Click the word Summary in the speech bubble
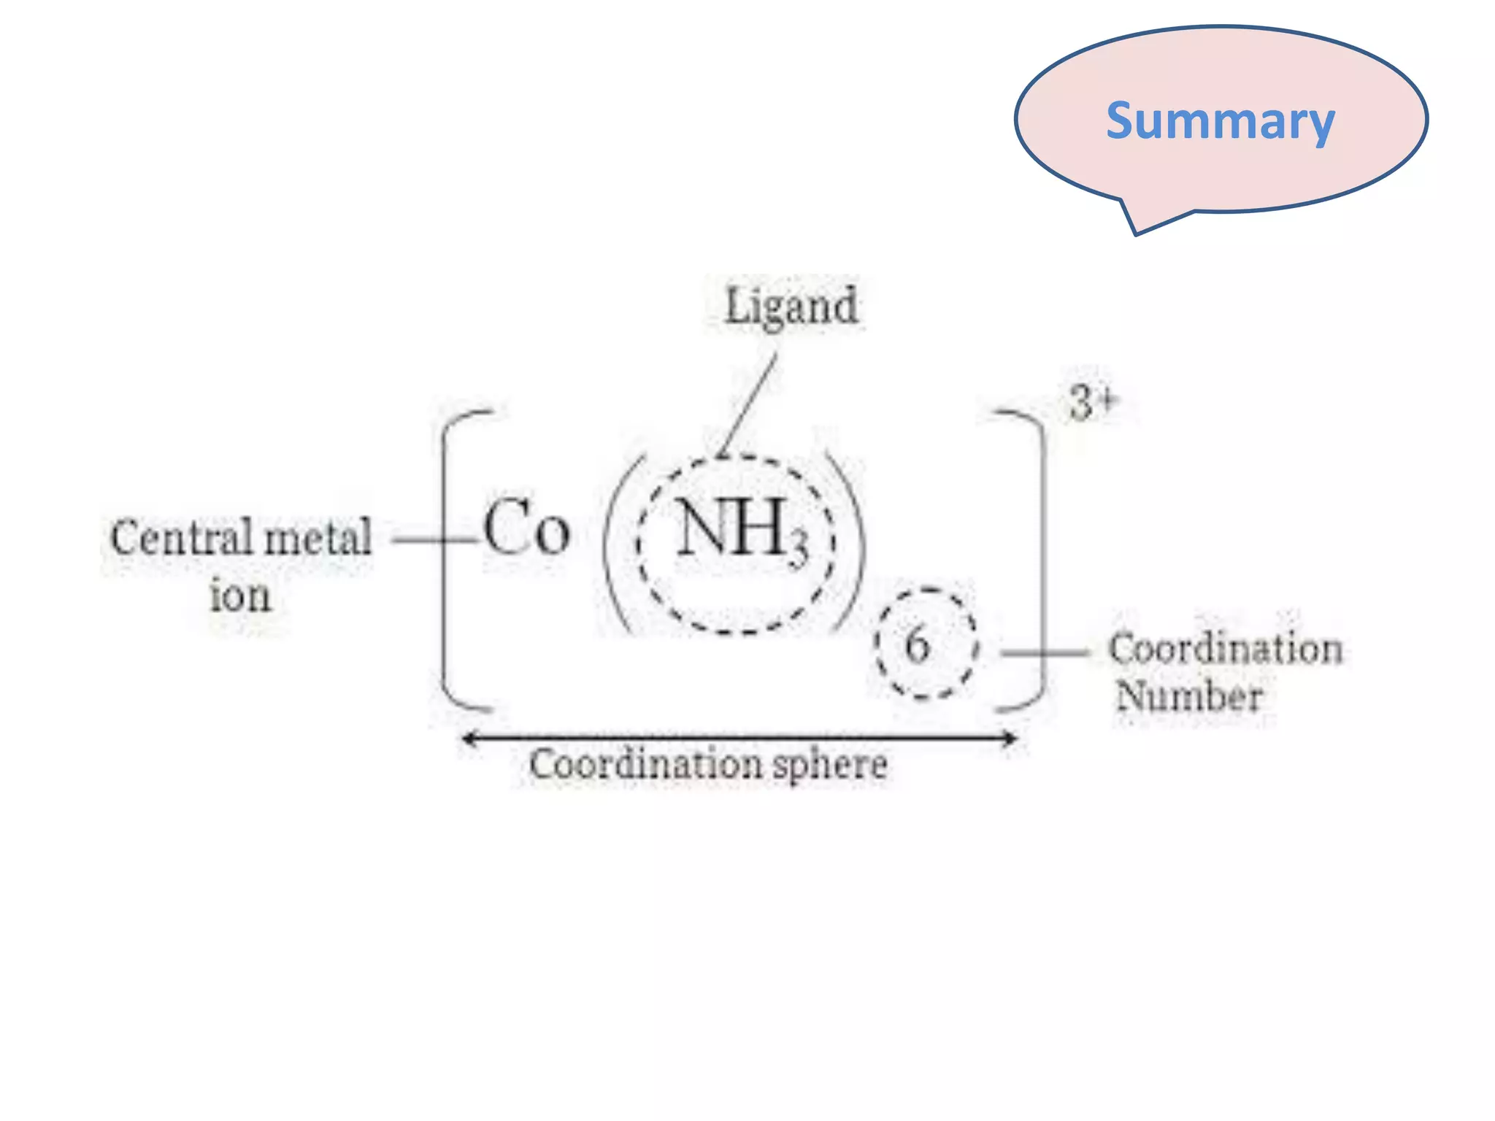click(1220, 121)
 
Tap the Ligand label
click(791, 307)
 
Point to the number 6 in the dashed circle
click(918, 645)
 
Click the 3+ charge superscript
click(1092, 402)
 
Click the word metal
click(318, 539)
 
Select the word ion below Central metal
click(240, 596)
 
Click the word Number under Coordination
click(1189, 696)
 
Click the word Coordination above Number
click(1226, 648)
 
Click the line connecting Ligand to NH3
click(749, 404)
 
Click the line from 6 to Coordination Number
click(1045, 652)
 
